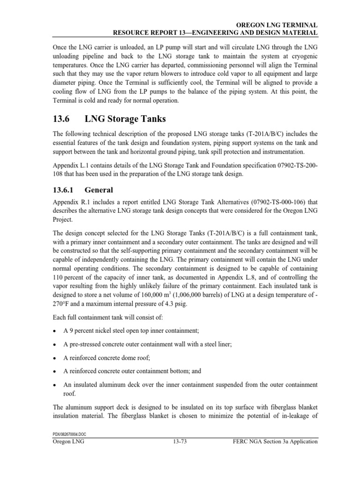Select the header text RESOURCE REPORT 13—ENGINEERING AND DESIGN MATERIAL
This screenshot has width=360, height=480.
coord(213,32)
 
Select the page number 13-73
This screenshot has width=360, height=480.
coord(180,441)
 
